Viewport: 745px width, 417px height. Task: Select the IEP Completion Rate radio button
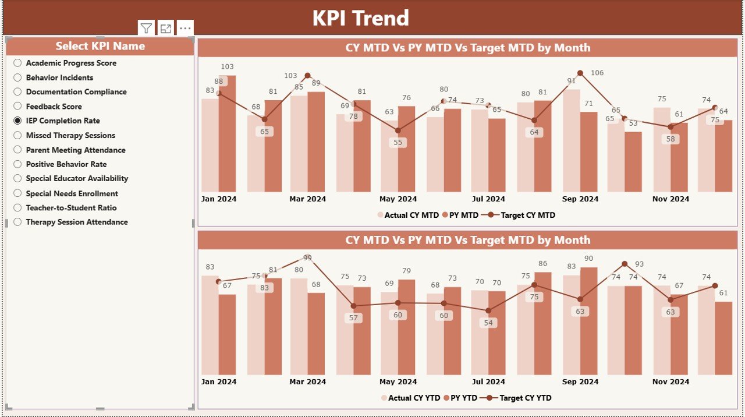17,121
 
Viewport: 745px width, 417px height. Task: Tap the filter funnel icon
146,28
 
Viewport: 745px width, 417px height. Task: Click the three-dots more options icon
185,28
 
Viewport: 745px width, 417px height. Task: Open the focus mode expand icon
166,28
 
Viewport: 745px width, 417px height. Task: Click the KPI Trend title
360,18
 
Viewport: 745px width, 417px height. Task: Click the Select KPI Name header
100,46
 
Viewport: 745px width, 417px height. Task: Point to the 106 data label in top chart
597,73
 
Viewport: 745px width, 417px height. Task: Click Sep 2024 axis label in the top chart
580,199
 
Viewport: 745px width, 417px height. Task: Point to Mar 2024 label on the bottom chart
307,382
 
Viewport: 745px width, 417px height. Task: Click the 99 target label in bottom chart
307,258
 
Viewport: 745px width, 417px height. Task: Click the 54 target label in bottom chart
488,323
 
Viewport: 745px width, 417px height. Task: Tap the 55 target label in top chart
398,143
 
